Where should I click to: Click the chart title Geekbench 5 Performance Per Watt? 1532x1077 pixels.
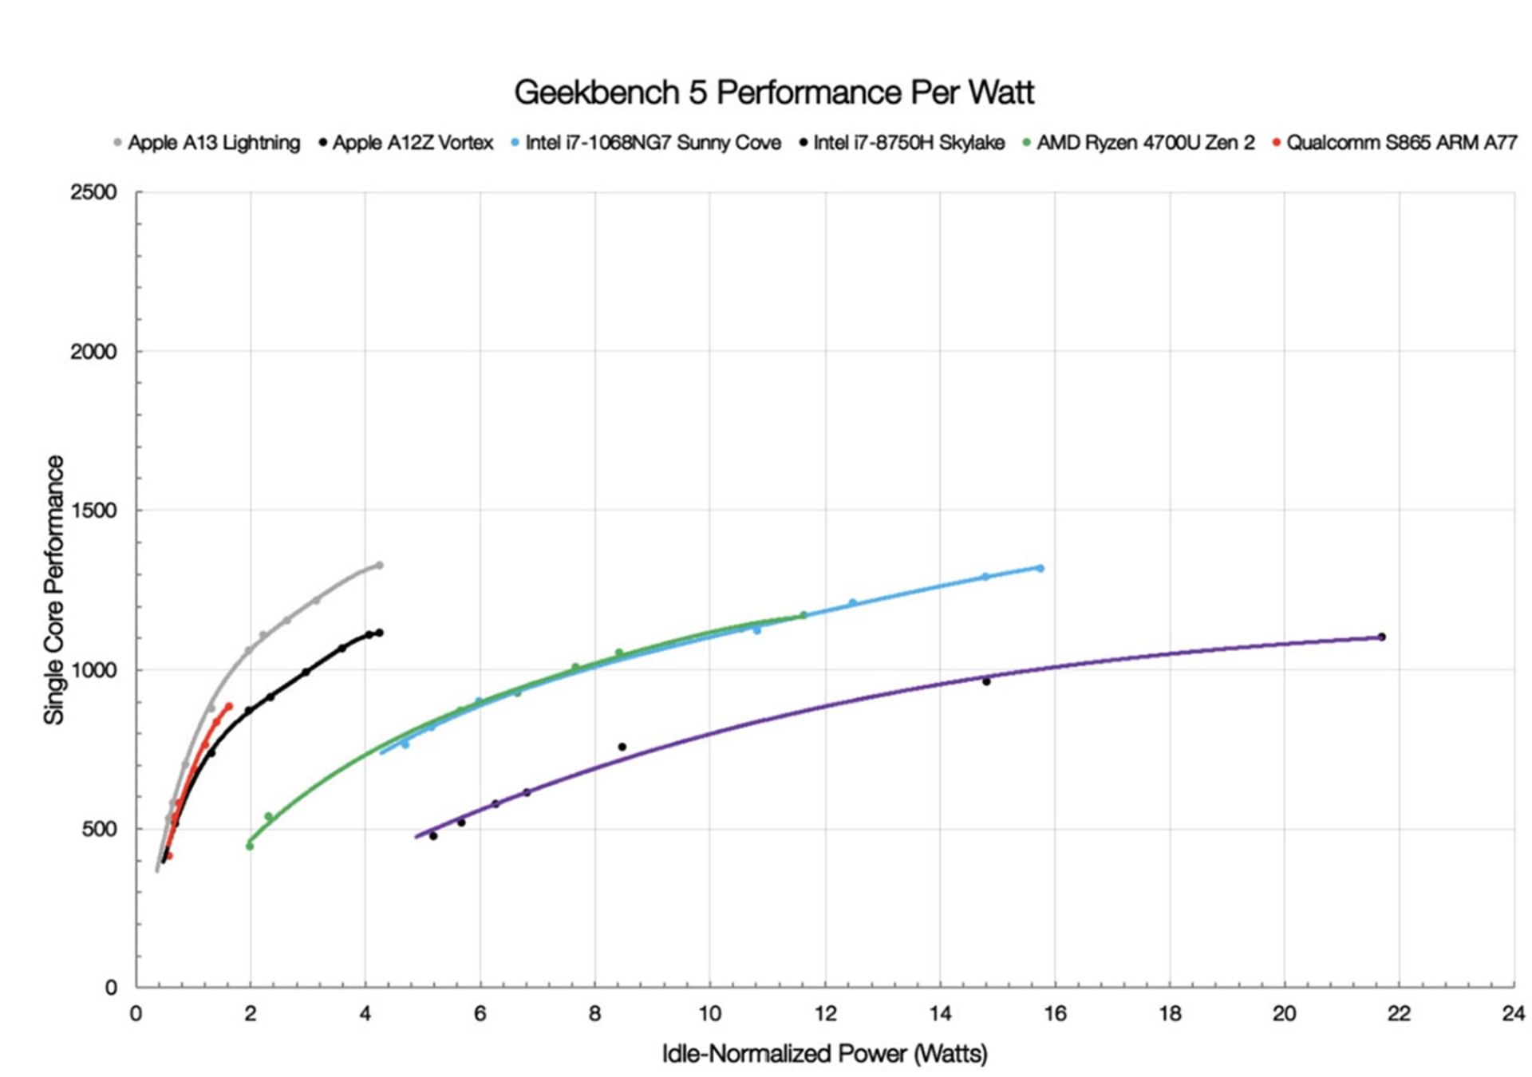click(x=773, y=93)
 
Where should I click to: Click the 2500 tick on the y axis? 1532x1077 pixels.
click(x=93, y=192)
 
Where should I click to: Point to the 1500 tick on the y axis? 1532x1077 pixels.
click(x=93, y=511)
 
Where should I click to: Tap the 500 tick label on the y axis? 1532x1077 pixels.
click(x=99, y=829)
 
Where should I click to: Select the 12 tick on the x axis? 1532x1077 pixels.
click(x=825, y=1013)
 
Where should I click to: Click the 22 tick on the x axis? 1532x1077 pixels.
click(x=1400, y=1013)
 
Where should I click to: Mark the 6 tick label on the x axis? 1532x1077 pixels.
click(x=480, y=1013)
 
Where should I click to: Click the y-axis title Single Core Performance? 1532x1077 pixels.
click(x=54, y=590)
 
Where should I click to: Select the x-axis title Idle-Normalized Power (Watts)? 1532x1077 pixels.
click(x=824, y=1054)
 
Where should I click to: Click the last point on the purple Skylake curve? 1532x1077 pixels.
click(x=1381, y=637)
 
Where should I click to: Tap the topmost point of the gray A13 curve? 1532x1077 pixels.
click(x=379, y=565)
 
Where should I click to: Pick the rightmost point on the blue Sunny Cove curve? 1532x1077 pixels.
click(x=1040, y=568)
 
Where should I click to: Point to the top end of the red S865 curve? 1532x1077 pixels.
click(x=229, y=706)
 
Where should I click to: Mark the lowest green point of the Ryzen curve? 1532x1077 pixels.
click(x=250, y=846)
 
